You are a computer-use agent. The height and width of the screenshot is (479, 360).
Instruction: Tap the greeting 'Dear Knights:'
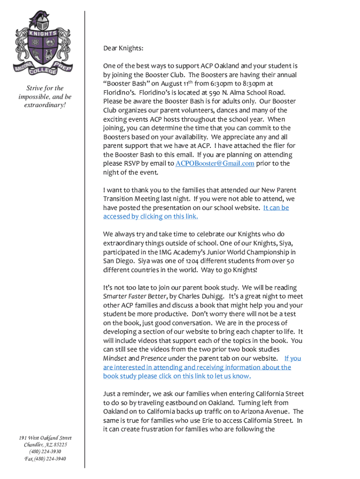123,48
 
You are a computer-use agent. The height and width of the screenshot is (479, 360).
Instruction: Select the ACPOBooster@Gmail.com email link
215,164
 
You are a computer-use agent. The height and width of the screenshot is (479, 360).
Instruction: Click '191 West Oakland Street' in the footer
45,438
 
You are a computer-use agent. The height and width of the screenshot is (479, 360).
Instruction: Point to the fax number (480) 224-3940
45,459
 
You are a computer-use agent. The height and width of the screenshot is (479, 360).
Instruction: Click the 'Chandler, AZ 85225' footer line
45,445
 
